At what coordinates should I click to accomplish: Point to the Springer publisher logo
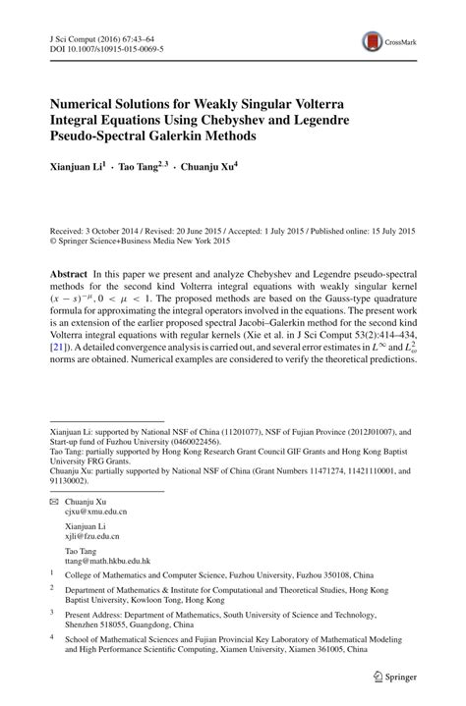[396, 677]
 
